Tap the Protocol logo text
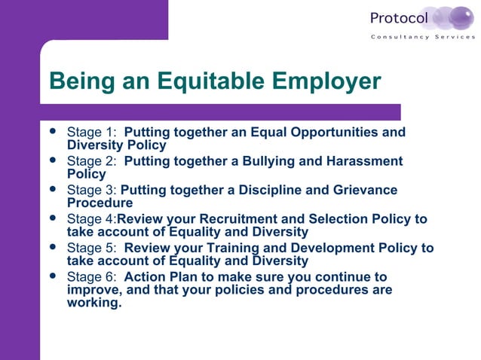click(399, 17)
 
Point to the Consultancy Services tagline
click(422, 37)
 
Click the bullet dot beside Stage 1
click(52, 133)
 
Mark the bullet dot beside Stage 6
click(52, 276)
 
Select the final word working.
click(94, 304)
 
